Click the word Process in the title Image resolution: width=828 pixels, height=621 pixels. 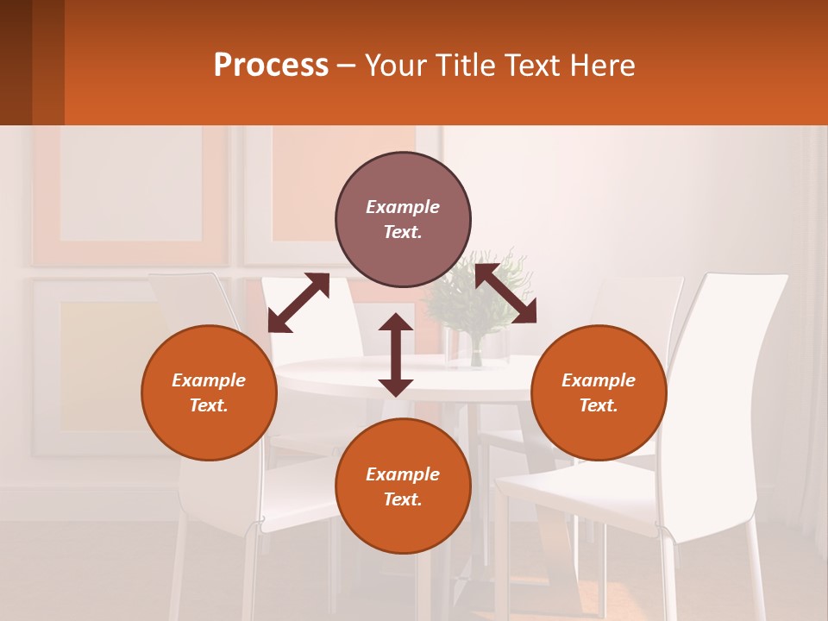(271, 66)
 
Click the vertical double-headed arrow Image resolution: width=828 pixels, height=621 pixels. (396, 354)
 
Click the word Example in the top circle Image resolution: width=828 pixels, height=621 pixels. (403, 207)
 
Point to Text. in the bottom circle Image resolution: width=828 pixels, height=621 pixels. (403, 499)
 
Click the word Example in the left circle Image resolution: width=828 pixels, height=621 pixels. (209, 380)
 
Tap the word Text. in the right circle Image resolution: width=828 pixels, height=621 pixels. (599, 405)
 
